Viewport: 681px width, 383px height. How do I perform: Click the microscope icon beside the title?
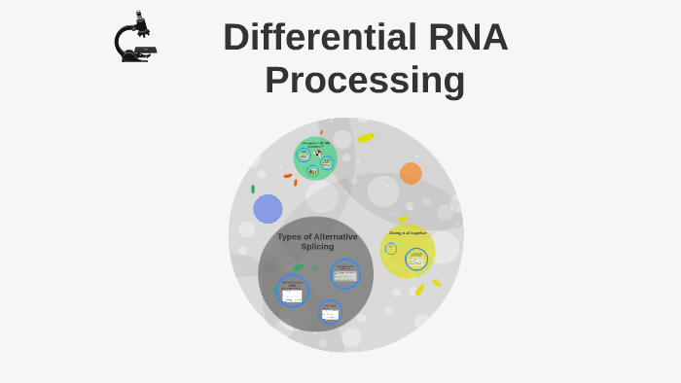point(135,38)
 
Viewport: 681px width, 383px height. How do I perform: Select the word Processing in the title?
point(365,80)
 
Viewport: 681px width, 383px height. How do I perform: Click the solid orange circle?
point(411,173)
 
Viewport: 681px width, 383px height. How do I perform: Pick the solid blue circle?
point(268,209)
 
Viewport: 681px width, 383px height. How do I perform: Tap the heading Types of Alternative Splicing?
point(317,241)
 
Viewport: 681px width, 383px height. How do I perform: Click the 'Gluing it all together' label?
point(408,233)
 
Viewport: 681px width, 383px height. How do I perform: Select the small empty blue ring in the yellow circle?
point(391,249)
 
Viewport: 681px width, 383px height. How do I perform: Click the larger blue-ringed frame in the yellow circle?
point(416,260)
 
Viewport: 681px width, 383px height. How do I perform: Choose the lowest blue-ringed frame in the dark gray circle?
point(330,312)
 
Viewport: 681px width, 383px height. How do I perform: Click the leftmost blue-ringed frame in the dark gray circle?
point(292,291)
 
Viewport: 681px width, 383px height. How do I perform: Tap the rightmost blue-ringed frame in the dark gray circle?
point(345,274)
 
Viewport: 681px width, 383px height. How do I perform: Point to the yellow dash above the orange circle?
point(366,138)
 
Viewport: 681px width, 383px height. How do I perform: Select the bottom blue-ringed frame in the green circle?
point(313,171)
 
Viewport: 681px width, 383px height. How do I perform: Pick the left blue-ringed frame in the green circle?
point(304,156)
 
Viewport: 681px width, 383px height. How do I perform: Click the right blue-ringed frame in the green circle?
point(327,162)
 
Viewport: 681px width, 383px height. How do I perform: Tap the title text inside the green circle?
point(315,144)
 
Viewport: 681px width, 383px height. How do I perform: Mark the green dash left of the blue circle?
point(253,190)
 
